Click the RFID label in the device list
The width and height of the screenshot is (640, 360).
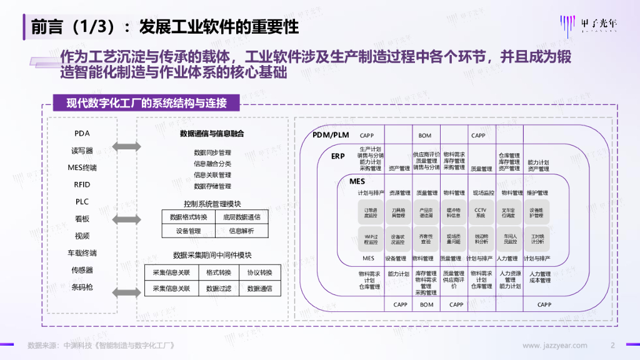[x=82, y=184]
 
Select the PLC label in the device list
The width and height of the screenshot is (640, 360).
[x=82, y=201]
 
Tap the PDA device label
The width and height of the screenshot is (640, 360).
[x=82, y=133]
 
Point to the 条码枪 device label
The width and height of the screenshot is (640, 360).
[x=82, y=287]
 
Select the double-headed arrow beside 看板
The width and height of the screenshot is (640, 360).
[x=127, y=219]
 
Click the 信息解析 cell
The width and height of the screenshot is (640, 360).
[x=241, y=231]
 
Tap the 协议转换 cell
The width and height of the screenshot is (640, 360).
[x=259, y=272]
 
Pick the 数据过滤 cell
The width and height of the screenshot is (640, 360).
[x=218, y=289]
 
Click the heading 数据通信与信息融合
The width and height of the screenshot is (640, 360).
[x=212, y=134]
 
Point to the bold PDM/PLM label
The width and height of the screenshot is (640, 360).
[x=330, y=136]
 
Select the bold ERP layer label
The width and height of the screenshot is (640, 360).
[x=338, y=156]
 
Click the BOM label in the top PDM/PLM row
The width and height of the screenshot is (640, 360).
[x=425, y=136]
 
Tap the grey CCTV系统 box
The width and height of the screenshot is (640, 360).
[x=480, y=213]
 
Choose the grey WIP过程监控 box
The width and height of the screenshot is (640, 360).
[x=371, y=239]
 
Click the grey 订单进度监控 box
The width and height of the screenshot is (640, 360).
[x=371, y=213]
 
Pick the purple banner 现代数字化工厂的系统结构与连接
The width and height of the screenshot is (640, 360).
[x=146, y=103]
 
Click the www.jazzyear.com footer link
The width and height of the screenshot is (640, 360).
[x=554, y=346]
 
